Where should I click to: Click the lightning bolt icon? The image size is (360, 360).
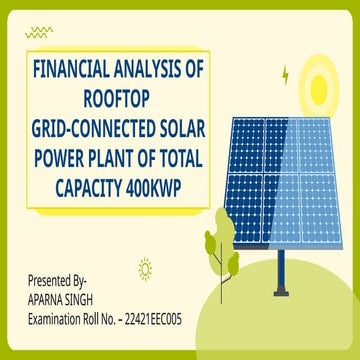click(287, 74)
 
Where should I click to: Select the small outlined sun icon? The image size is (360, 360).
click(146, 267)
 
